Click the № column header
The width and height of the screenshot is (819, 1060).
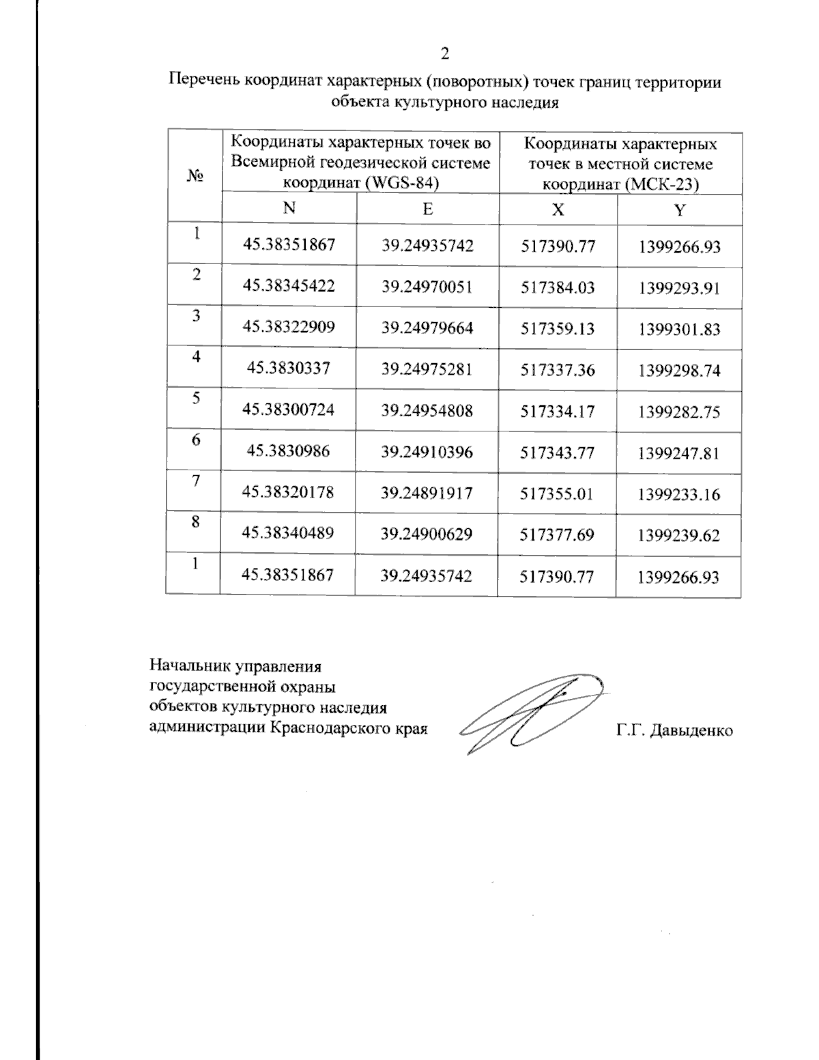(x=195, y=176)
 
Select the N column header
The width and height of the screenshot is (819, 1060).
(x=289, y=209)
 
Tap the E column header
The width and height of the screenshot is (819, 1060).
(x=427, y=210)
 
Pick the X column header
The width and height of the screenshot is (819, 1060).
(x=558, y=210)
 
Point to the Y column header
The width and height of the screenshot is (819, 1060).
(x=679, y=211)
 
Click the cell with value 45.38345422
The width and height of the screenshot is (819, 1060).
(x=289, y=287)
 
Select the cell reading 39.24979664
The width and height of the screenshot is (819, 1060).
(x=427, y=328)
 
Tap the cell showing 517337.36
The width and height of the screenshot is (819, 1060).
(x=558, y=370)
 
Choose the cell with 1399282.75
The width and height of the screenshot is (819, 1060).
(x=679, y=412)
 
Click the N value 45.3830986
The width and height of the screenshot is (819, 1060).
(x=288, y=452)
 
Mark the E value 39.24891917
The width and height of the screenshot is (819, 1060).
(x=427, y=493)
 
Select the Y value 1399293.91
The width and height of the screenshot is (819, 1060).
(x=679, y=288)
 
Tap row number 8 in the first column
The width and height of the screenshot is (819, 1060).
(x=196, y=522)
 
